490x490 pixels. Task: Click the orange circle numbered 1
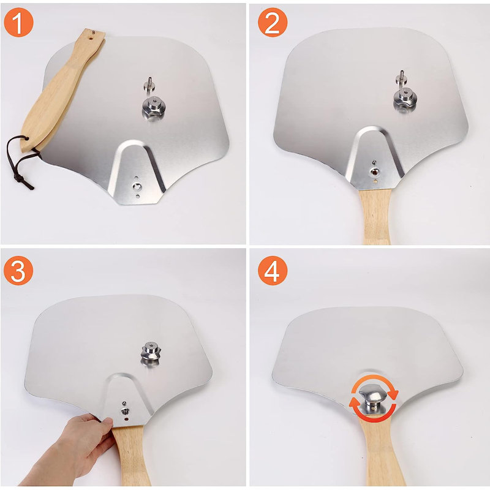click(18, 22)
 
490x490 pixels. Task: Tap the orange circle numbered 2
click(273, 22)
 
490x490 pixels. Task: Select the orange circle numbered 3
click(18, 270)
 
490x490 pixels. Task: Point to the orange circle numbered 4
click(273, 270)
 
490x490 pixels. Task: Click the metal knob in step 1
click(153, 108)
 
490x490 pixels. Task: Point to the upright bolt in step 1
click(149, 84)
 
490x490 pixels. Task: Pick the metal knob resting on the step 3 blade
click(151, 351)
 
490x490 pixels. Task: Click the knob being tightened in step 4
click(373, 399)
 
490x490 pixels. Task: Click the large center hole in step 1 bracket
click(137, 187)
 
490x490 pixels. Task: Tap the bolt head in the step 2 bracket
click(374, 171)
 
